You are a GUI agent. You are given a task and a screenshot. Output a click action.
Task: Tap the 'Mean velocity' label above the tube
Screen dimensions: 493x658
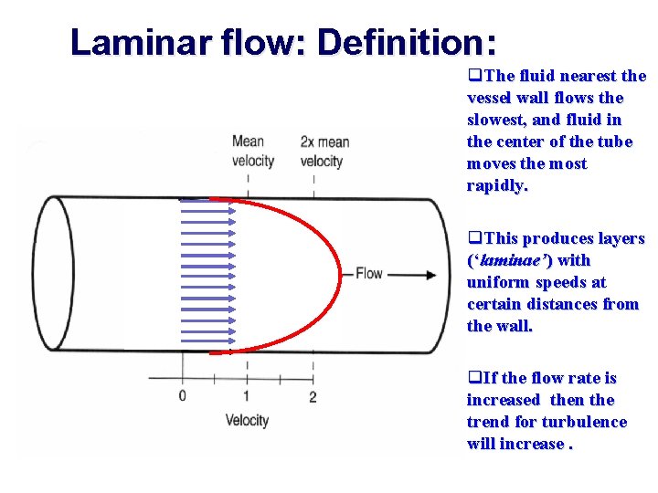click(252, 152)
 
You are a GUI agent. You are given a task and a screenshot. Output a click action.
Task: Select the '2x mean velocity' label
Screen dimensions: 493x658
click(324, 152)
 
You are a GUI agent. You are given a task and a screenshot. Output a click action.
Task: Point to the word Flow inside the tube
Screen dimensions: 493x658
click(368, 273)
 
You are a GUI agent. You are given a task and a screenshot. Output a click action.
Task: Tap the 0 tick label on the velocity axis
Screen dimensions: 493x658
click(182, 396)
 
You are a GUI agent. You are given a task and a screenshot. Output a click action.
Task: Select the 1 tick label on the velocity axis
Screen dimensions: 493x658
click(247, 396)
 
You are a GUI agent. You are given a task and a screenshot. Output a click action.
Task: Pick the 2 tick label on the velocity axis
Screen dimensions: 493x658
click(313, 396)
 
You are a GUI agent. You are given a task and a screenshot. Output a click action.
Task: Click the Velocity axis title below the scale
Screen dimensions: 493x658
click(247, 420)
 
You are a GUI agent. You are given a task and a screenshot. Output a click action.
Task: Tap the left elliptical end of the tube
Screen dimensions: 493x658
click(51, 274)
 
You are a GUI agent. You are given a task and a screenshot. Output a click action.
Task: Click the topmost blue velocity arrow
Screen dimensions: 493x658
click(208, 199)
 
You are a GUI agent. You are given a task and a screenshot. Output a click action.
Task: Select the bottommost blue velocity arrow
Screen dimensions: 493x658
click(208, 348)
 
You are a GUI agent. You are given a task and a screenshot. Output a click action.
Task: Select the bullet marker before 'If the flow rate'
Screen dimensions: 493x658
click(473, 378)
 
